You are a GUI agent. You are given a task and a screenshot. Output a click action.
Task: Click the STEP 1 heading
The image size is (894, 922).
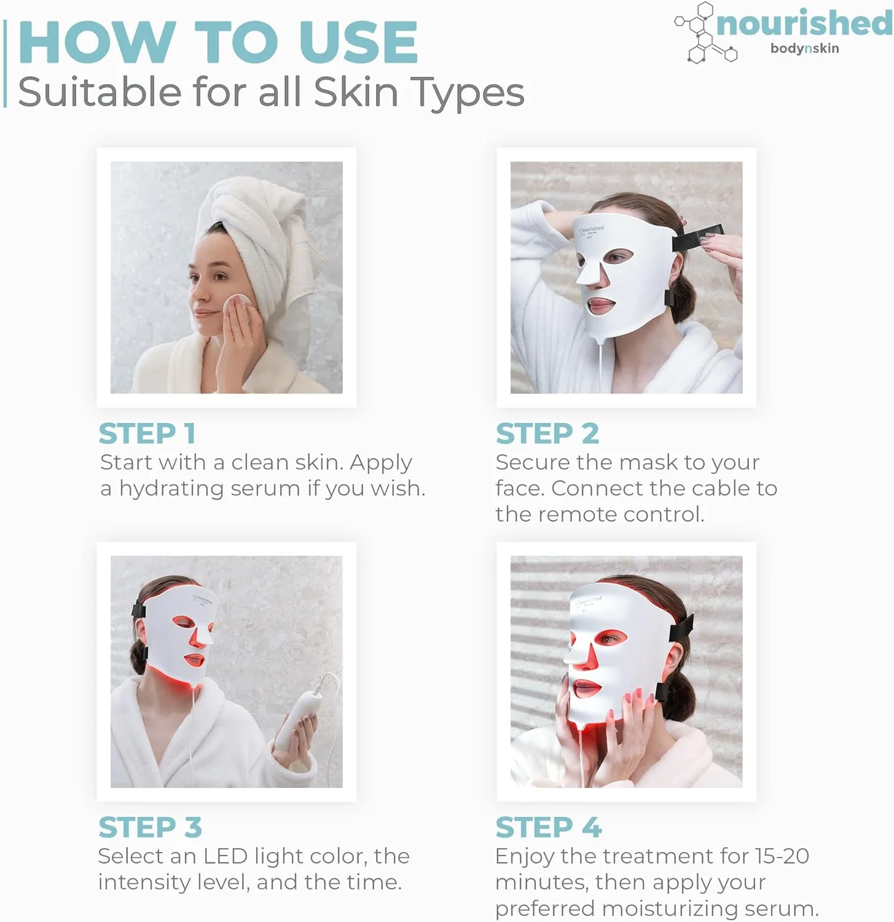[x=147, y=433]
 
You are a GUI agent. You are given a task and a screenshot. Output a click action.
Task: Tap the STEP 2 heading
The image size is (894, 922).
[x=547, y=433]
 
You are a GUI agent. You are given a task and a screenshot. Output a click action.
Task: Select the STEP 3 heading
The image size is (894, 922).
[x=151, y=827]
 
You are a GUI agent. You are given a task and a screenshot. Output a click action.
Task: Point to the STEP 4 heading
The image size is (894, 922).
[x=549, y=827]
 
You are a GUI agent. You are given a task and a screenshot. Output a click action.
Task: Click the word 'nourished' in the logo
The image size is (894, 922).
[x=804, y=23]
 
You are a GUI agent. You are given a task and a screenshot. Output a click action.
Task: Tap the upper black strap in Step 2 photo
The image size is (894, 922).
[x=697, y=238]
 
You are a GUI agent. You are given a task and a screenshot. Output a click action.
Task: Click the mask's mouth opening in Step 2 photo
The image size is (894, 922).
[x=600, y=304]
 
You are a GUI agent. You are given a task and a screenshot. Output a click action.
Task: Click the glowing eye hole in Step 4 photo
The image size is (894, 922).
[x=610, y=639]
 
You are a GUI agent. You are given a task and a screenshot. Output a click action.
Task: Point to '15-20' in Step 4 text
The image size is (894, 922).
[x=782, y=856]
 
